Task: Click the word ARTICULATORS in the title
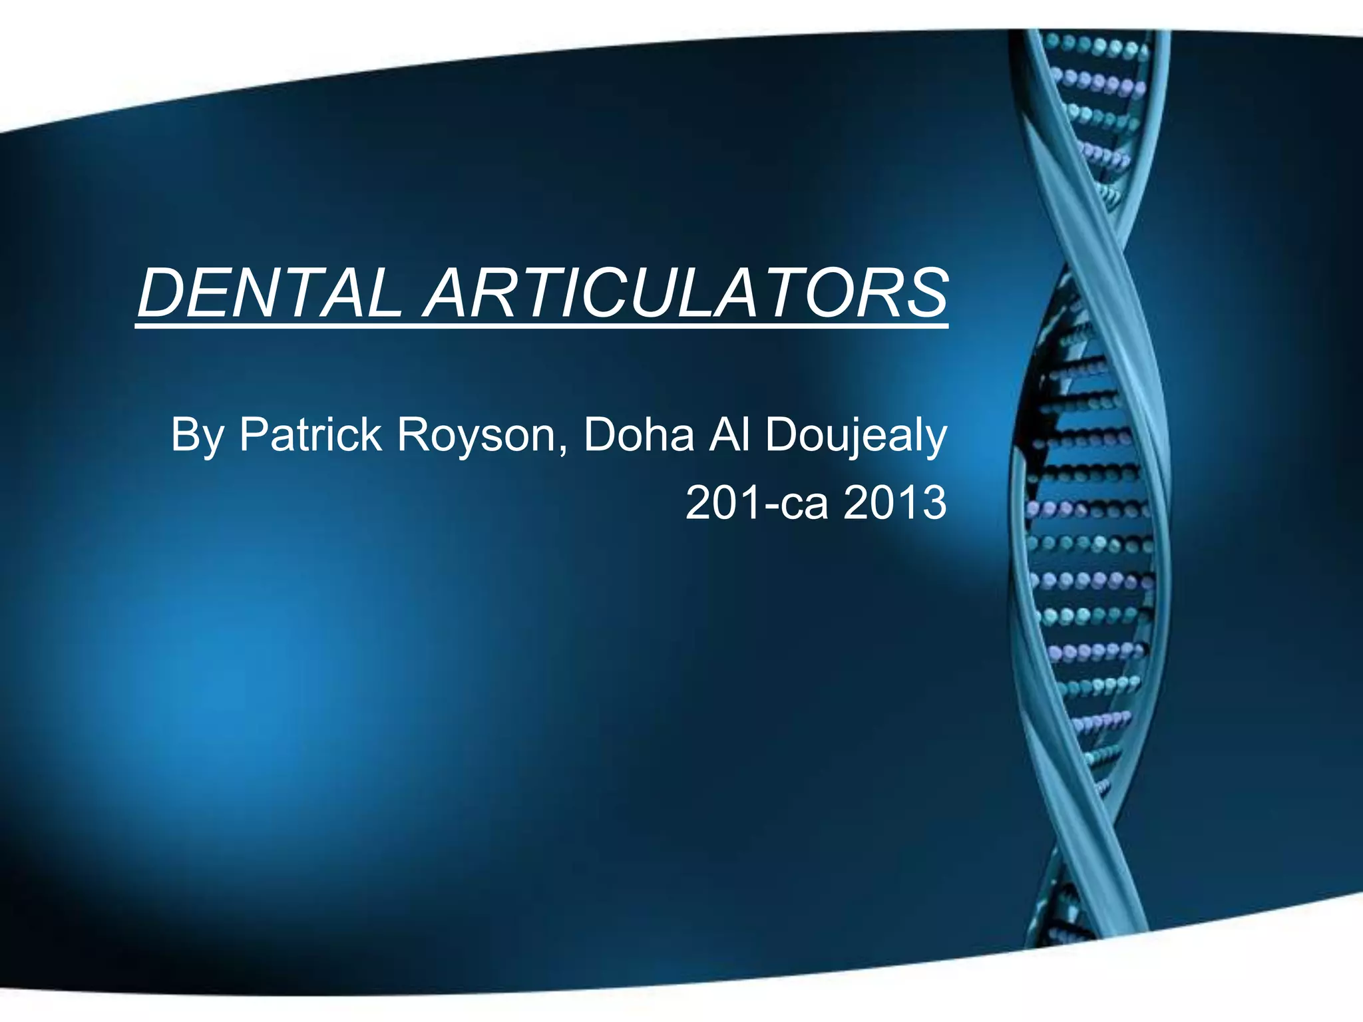[x=685, y=293]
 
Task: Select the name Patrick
[x=310, y=434]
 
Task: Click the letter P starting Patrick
[x=254, y=434]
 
